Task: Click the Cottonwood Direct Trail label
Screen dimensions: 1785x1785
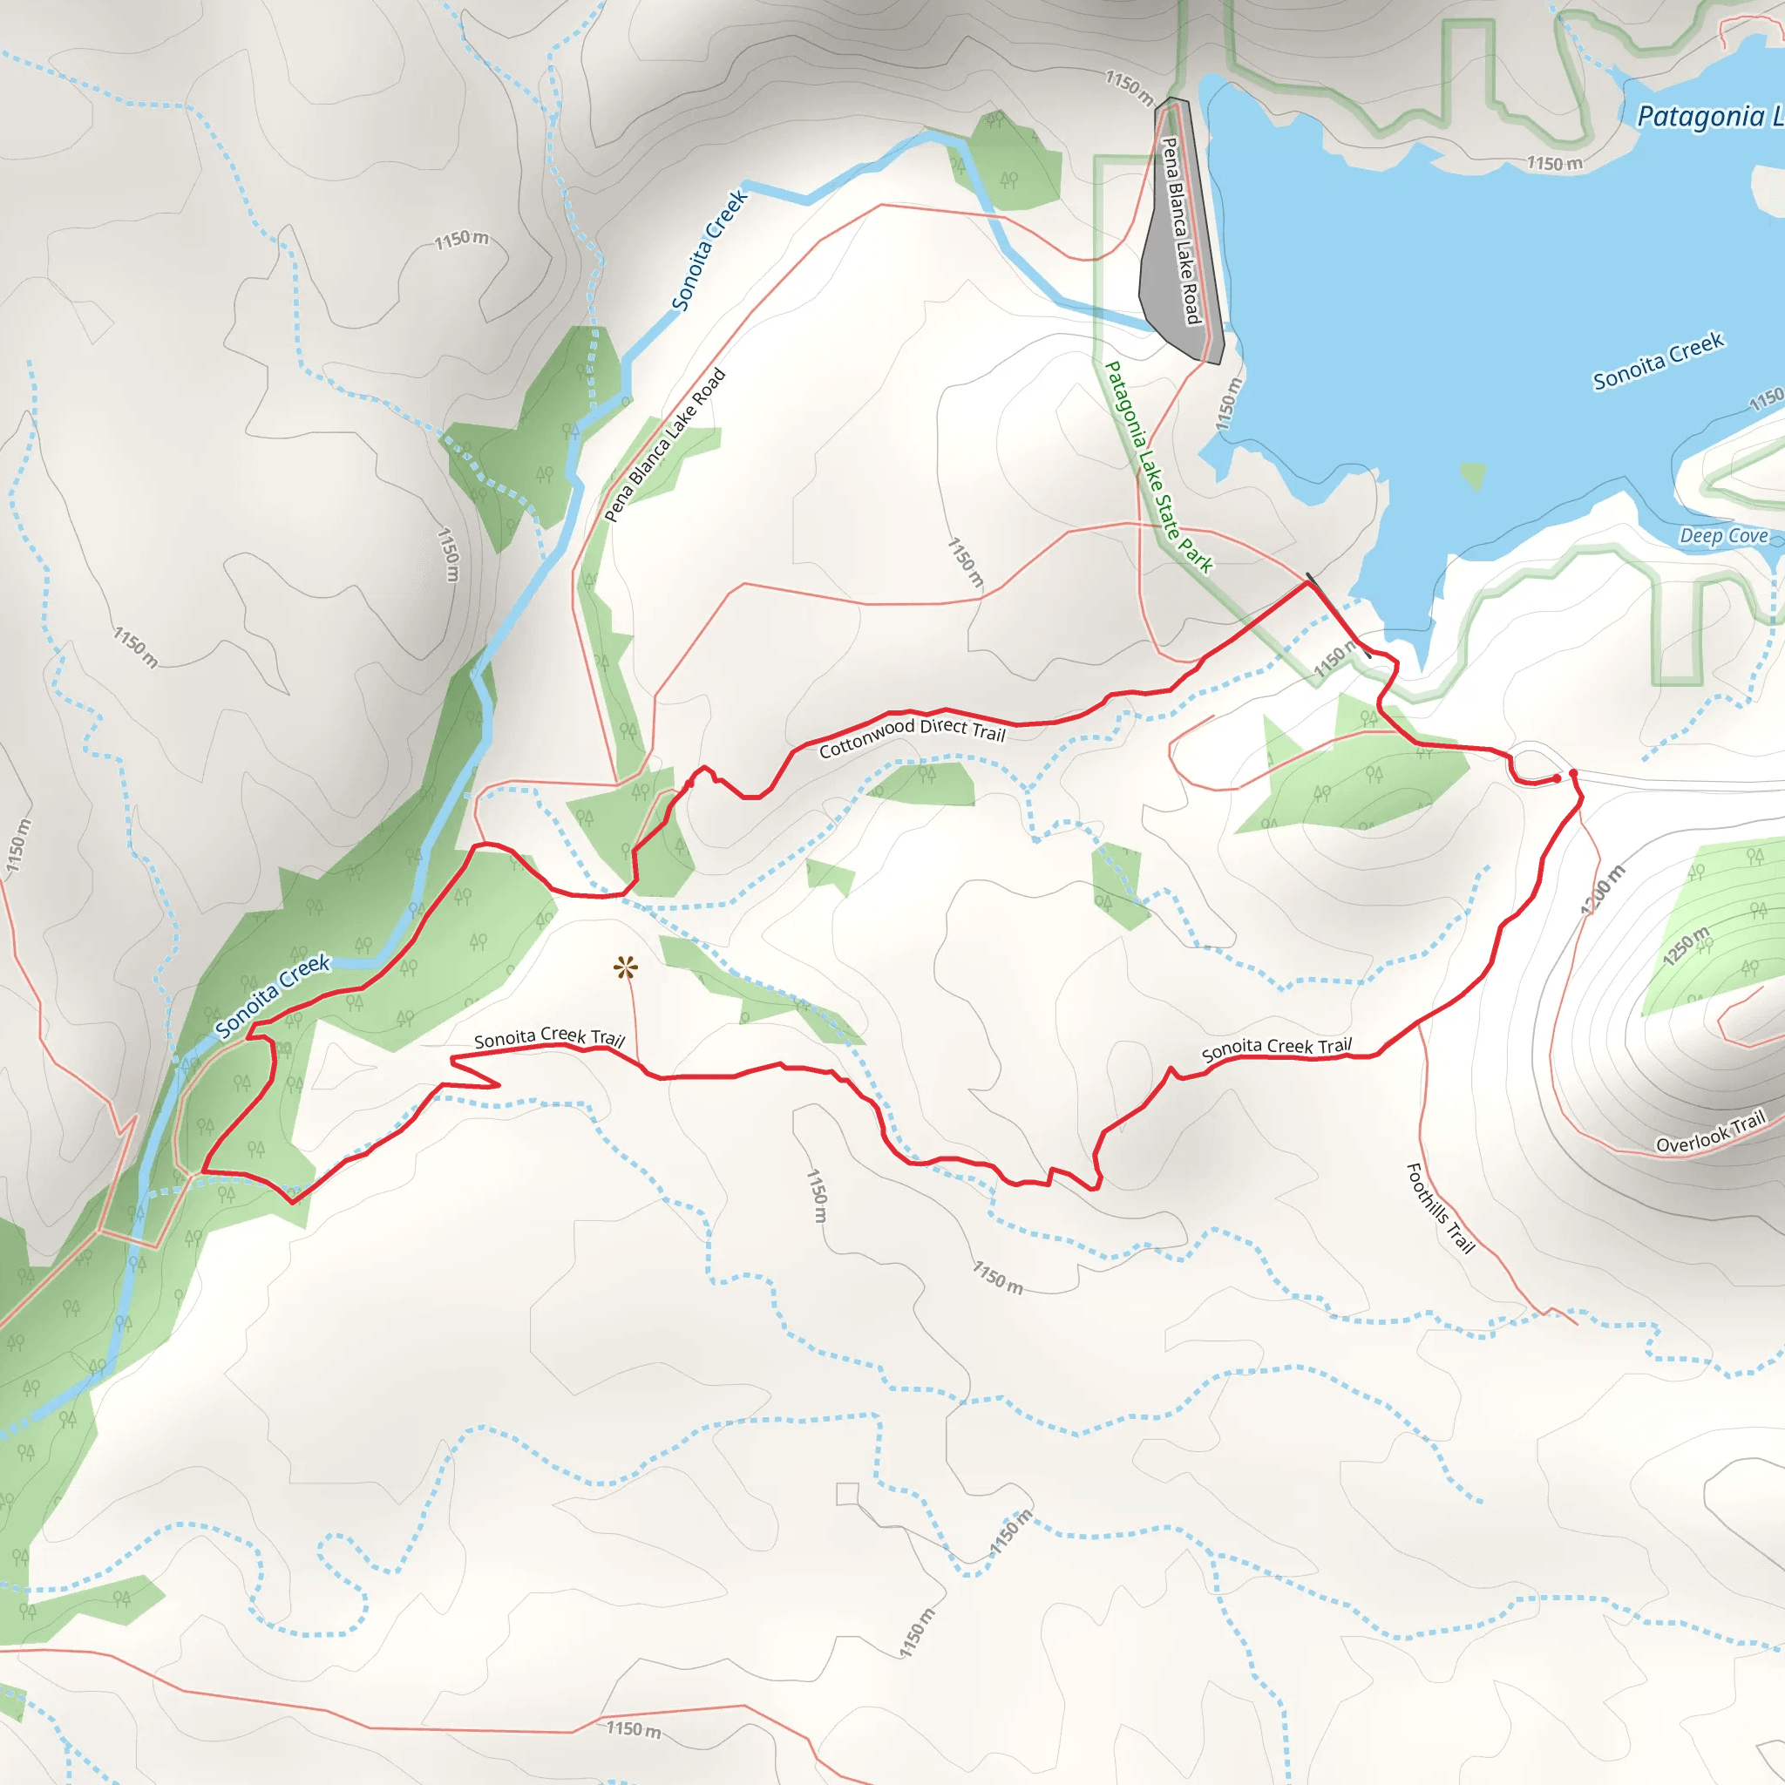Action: [911, 736]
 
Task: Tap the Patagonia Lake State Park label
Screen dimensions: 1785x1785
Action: [1158, 467]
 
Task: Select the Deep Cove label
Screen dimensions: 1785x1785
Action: [1723, 536]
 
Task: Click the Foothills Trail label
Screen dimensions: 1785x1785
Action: [1440, 1207]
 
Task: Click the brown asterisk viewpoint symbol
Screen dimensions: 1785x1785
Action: [626, 968]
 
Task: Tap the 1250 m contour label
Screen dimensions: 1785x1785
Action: [1687, 945]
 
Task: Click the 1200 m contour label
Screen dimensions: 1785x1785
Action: [1602, 891]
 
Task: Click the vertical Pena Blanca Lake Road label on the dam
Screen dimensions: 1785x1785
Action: [1180, 231]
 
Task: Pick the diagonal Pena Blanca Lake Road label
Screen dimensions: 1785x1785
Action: [665, 445]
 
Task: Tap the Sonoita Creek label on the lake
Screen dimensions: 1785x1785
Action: [1658, 361]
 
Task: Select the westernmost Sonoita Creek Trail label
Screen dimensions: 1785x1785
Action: [549, 1037]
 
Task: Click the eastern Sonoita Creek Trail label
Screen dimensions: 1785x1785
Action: [1276, 1049]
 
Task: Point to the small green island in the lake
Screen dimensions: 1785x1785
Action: [1473, 475]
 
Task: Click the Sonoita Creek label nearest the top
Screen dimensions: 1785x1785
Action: [709, 250]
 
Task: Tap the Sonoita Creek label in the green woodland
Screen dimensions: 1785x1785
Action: [272, 995]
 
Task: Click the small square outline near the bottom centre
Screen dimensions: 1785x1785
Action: [847, 1494]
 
